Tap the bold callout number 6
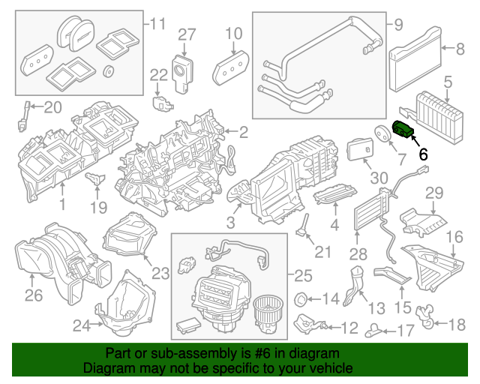click(422, 154)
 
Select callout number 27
click(186, 34)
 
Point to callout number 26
click(33, 295)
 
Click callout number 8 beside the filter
click(460, 49)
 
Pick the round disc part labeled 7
click(382, 133)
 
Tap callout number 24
click(80, 325)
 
